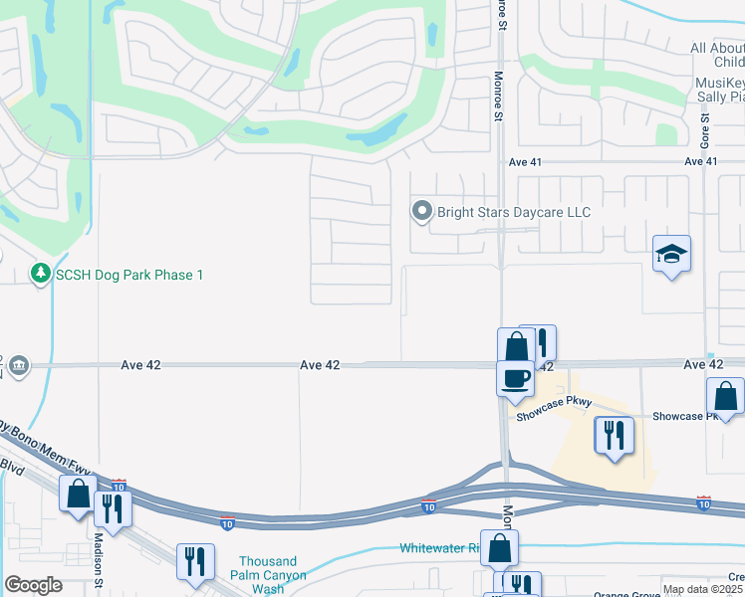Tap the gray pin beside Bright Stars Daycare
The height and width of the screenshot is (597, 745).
[x=421, y=211]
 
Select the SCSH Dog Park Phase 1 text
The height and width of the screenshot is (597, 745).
[x=129, y=275]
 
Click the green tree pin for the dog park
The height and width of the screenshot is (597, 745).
[x=41, y=273]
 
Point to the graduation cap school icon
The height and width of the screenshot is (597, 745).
[x=672, y=255]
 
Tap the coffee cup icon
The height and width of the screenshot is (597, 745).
[x=515, y=378]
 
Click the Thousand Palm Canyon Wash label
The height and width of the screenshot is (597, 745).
[x=268, y=575]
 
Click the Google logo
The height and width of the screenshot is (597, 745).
[x=33, y=585]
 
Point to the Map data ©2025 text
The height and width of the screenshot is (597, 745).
[x=702, y=589]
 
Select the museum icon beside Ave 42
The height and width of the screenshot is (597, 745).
[x=18, y=366]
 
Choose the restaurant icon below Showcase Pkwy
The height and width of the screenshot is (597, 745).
[x=614, y=435]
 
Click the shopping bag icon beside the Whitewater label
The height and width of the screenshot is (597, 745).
[x=501, y=548]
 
